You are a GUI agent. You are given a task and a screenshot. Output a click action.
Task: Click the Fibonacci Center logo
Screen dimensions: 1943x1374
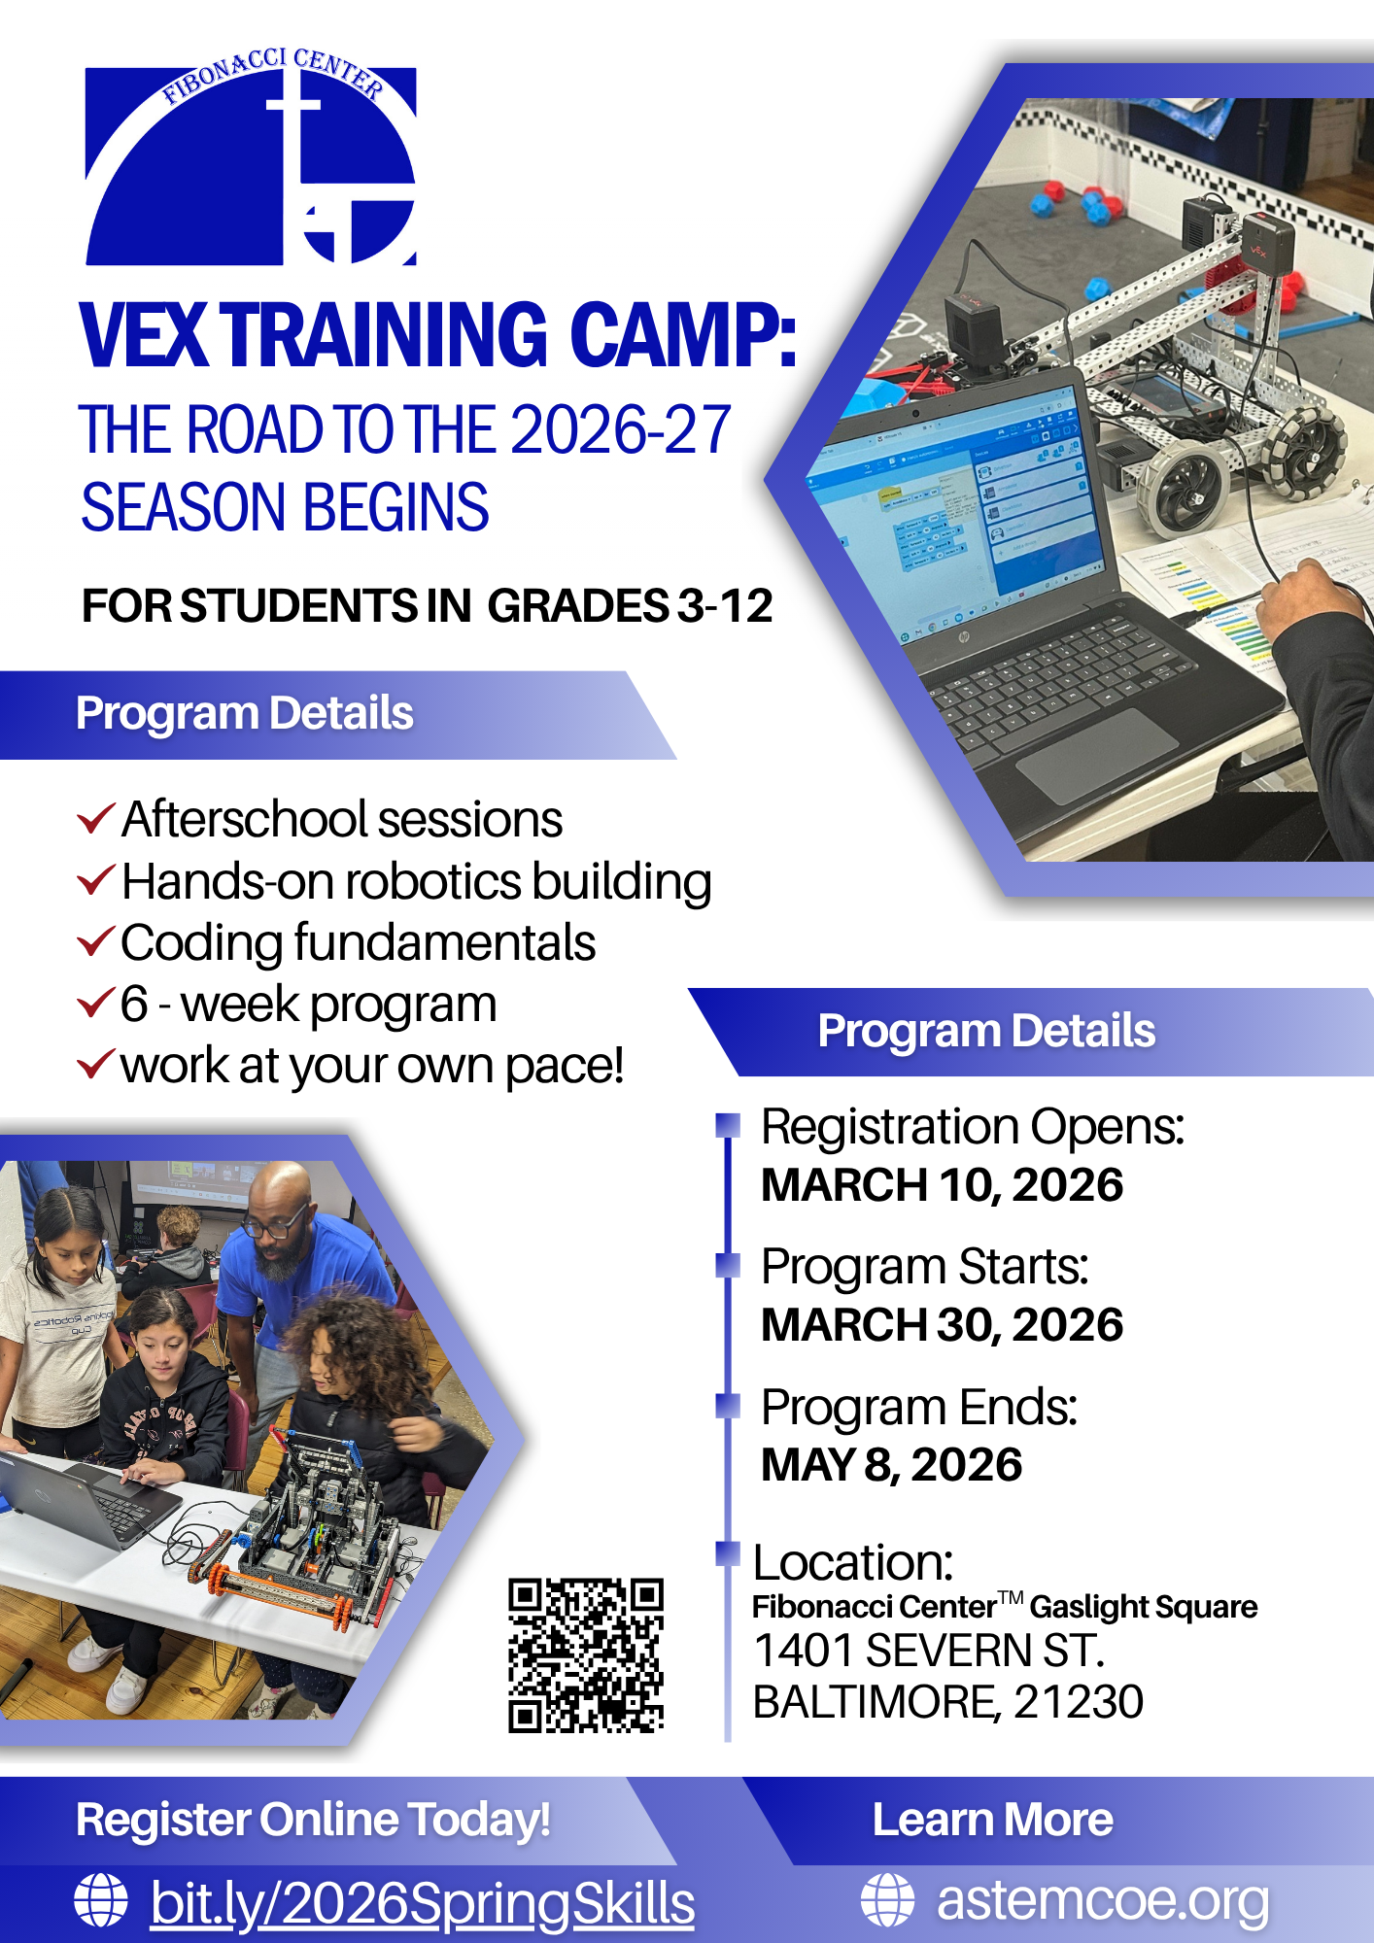251,160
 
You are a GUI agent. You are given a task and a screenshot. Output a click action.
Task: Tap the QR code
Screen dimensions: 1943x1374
585,1655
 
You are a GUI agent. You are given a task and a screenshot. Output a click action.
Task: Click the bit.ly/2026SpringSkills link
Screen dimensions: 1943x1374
423,1902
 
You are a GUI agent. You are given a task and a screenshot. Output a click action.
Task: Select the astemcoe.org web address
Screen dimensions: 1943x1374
1103,1900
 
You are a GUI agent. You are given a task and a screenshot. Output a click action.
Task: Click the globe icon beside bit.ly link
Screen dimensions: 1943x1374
101,1900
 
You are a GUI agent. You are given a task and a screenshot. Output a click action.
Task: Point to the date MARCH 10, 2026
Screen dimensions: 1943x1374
942,1185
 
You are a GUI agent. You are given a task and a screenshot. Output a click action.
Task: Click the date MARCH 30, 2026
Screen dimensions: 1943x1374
942,1325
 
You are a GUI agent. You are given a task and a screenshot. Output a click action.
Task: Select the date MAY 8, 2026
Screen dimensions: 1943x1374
891,1465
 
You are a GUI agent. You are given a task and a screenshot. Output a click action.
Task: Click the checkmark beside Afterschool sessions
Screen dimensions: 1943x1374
96,819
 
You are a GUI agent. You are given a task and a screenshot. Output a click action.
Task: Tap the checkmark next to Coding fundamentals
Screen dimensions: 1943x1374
96,942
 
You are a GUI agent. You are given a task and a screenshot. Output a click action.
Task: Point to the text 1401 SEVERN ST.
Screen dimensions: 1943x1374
929,1651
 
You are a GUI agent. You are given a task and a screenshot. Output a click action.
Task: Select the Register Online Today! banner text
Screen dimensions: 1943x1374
313,1820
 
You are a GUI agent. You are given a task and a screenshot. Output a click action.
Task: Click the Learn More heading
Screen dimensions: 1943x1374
992,1820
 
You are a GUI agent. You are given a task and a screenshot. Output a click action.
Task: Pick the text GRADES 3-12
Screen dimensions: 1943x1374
630,606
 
